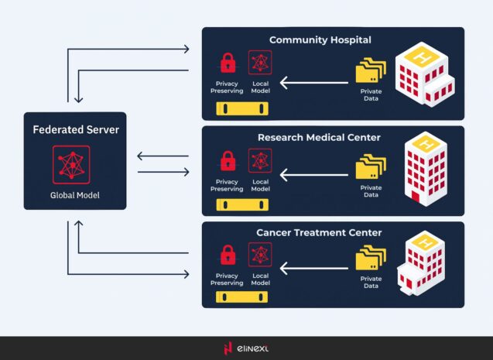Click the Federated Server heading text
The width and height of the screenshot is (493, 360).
76,130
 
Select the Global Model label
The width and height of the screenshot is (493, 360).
76,195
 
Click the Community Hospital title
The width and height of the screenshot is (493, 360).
320,39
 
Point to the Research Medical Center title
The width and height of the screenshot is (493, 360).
319,137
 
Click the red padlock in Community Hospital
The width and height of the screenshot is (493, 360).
228,63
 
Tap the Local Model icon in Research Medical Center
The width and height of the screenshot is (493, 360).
260,160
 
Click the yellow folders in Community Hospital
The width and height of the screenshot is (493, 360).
371,71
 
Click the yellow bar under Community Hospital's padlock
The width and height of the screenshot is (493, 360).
242,108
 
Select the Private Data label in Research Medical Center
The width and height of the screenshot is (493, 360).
371,190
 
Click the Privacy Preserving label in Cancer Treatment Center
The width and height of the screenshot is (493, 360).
227,279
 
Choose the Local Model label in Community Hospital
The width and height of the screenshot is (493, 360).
260,87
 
